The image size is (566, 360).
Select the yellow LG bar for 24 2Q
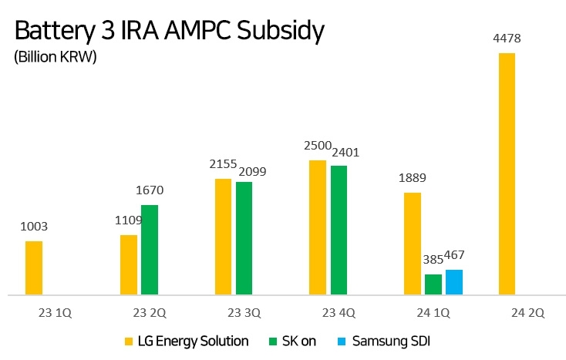(507, 173)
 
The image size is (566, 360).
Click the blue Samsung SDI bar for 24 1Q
(454, 282)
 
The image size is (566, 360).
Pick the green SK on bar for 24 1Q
(433, 284)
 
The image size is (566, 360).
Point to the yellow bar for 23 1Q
(34, 267)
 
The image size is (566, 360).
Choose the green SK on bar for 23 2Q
(150, 250)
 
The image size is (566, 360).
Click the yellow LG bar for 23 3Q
(224, 237)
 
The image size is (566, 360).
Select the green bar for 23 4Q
(339, 230)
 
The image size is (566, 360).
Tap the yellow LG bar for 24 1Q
(413, 244)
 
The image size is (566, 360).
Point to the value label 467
(454, 256)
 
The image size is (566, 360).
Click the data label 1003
(34, 227)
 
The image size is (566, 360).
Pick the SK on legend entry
(291, 341)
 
